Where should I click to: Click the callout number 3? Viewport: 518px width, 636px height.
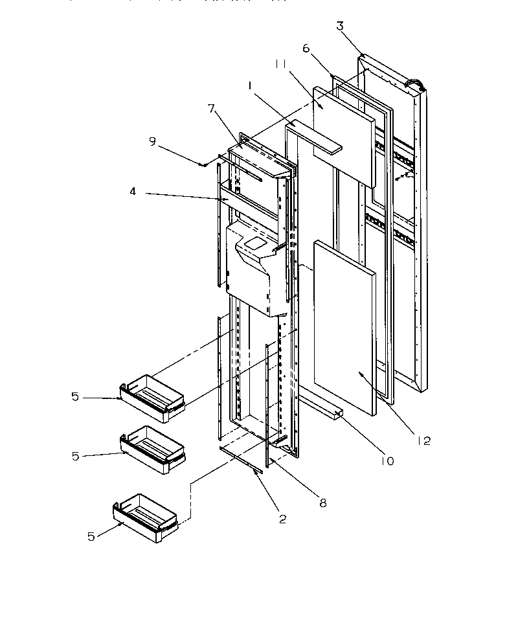click(340, 27)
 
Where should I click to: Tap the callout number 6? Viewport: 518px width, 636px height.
click(306, 49)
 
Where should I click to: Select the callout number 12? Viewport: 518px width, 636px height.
click(423, 441)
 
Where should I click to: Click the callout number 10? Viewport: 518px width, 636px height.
click(387, 461)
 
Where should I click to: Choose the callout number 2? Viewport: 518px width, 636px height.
click(283, 518)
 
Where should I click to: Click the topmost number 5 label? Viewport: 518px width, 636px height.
click(76, 396)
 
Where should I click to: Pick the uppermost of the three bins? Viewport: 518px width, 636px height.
click(153, 396)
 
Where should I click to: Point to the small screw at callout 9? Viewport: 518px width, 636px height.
click(203, 165)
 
